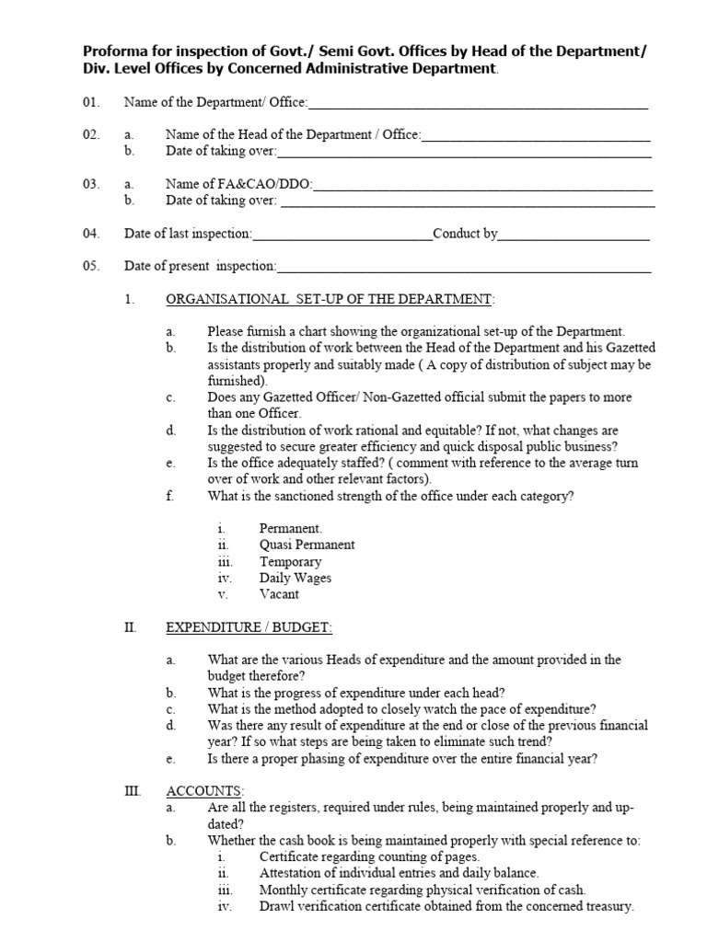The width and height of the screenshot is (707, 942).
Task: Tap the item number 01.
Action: [x=90, y=102]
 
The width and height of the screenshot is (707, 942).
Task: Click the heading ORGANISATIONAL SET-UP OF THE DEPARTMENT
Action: [x=330, y=300]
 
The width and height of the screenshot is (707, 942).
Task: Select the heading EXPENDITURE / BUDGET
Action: [x=249, y=627]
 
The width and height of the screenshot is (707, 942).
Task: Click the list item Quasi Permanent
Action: [x=307, y=545]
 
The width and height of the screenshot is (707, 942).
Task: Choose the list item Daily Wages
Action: [x=295, y=578]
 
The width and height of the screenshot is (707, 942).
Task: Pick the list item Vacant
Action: [x=279, y=594]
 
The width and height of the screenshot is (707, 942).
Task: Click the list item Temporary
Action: [x=290, y=561]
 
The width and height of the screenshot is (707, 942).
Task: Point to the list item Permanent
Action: [x=291, y=529]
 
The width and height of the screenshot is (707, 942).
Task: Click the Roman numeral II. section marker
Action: [x=131, y=627]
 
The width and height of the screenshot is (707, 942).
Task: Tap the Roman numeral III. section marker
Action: [x=133, y=791]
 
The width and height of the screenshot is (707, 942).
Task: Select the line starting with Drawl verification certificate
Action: [x=446, y=906]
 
